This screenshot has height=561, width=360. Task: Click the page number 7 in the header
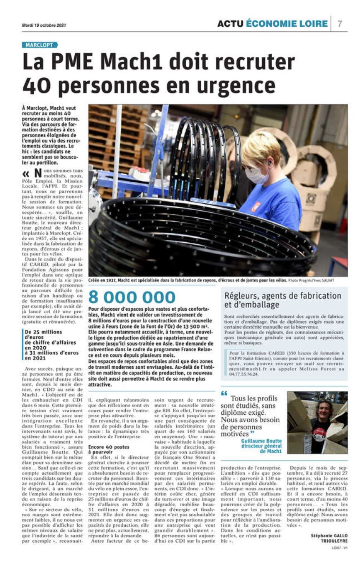click(x=340, y=24)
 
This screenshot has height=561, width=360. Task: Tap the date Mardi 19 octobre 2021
click(x=43, y=25)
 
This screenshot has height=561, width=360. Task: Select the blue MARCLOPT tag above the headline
click(x=40, y=45)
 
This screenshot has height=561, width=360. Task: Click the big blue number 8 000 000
click(x=132, y=297)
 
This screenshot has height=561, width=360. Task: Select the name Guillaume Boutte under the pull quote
click(x=261, y=441)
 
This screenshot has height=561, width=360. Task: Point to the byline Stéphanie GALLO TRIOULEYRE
click(x=329, y=538)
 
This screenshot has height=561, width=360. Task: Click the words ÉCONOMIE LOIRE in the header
click(x=286, y=24)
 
